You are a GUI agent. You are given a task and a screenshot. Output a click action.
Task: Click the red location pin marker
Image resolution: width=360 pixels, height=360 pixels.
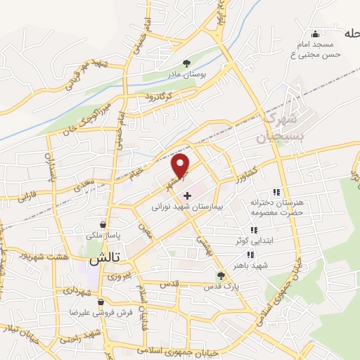[181, 166]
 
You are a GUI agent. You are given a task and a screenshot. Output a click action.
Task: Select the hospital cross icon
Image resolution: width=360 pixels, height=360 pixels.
[187, 195]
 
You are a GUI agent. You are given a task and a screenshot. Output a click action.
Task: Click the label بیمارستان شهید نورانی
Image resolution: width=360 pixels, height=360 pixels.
[186, 208]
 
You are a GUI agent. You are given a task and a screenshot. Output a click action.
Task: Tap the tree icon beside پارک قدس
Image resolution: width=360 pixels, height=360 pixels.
[221, 276]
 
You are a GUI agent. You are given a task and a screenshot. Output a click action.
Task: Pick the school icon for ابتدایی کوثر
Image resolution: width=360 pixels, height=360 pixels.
[252, 230]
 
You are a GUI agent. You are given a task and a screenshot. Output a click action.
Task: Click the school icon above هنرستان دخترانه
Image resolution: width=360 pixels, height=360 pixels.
[276, 191]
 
